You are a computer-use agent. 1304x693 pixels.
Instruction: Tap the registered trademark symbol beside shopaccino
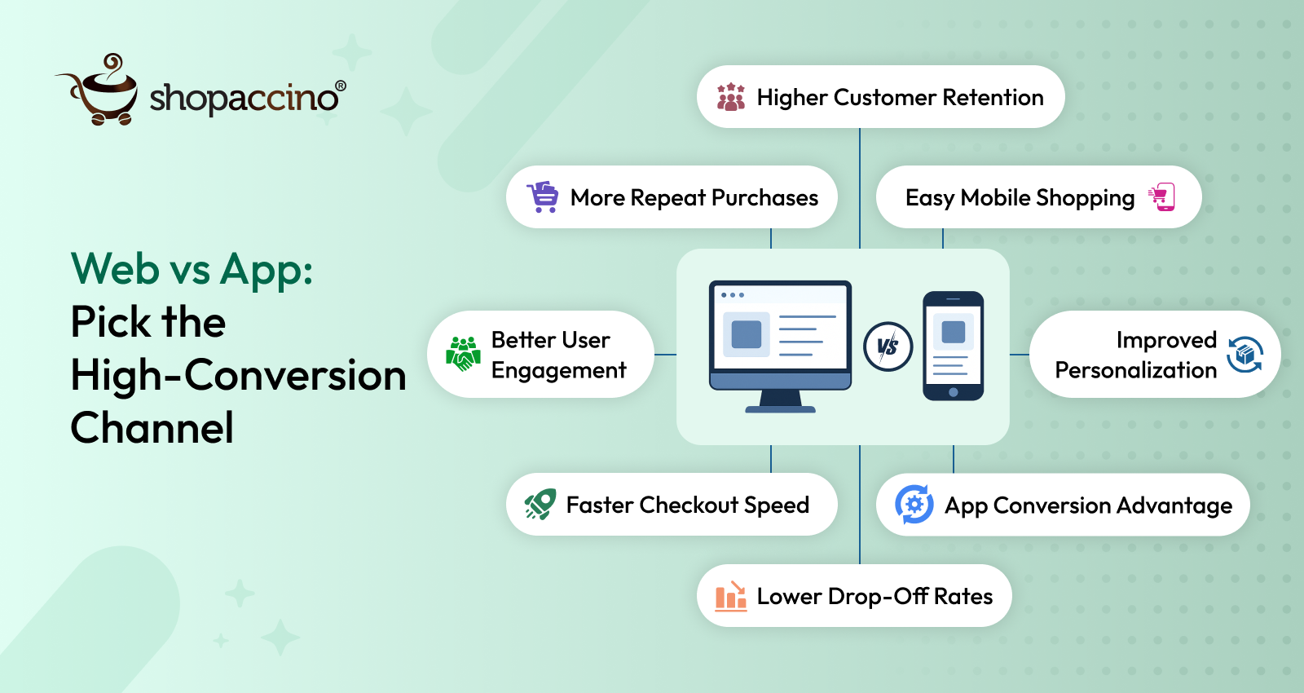341,86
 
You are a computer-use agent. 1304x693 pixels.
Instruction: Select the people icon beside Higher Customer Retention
730,97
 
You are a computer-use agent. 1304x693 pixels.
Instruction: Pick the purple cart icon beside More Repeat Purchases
543,197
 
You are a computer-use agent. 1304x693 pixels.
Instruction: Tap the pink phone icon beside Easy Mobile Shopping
1162,196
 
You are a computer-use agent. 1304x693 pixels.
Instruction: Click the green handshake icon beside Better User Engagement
463,354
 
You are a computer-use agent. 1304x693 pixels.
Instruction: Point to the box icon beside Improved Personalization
1245,355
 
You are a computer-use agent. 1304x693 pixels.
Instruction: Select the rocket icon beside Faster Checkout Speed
540,505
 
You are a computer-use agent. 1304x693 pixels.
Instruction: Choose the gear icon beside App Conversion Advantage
914,505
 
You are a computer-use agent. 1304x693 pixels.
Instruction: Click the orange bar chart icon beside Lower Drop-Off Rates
730,596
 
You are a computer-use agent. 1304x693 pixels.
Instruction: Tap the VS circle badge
888,346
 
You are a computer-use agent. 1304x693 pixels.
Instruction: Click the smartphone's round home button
954,392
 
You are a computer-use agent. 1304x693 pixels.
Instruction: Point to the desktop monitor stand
780,401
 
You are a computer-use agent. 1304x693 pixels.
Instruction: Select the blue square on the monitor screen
747,334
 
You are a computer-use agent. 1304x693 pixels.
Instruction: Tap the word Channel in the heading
152,428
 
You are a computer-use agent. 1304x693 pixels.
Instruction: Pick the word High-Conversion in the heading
238,376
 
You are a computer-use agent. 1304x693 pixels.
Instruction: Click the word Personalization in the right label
1135,370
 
